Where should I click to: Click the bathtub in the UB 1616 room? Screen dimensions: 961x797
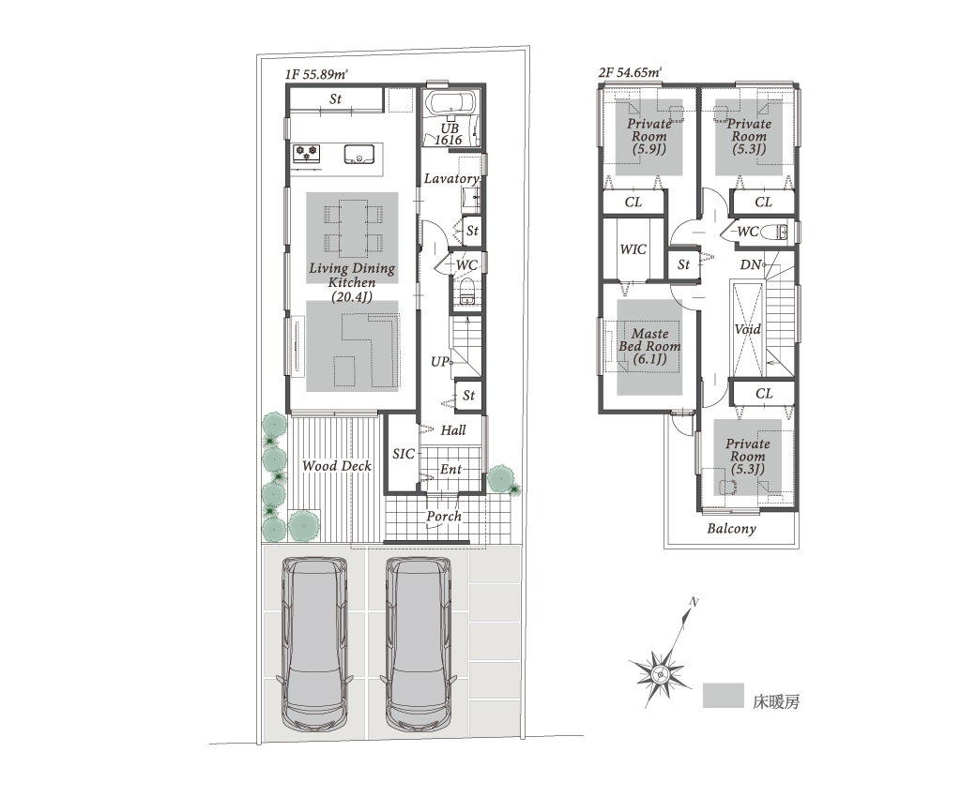450,103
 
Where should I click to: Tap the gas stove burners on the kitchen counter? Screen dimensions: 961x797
307,153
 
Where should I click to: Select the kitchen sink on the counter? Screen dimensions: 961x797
358,154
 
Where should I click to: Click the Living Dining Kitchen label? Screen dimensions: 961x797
352,282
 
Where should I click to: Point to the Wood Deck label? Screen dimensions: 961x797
337,466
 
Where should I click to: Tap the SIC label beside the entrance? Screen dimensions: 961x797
403,454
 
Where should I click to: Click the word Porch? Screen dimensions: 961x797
444,516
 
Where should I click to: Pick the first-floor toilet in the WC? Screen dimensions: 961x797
467,291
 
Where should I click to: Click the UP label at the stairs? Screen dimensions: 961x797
439,362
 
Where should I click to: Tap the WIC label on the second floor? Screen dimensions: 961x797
633,249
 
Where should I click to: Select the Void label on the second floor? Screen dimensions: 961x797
747,329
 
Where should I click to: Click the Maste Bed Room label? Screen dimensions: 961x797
649,346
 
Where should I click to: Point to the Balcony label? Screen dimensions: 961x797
731,528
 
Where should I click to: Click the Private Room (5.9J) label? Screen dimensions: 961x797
648,136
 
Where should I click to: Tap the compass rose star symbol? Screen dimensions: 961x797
660,674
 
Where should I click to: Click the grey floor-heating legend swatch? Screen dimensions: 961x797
724,696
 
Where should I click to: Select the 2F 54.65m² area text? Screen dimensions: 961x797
630,73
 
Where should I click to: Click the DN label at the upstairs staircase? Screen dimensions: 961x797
750,265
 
